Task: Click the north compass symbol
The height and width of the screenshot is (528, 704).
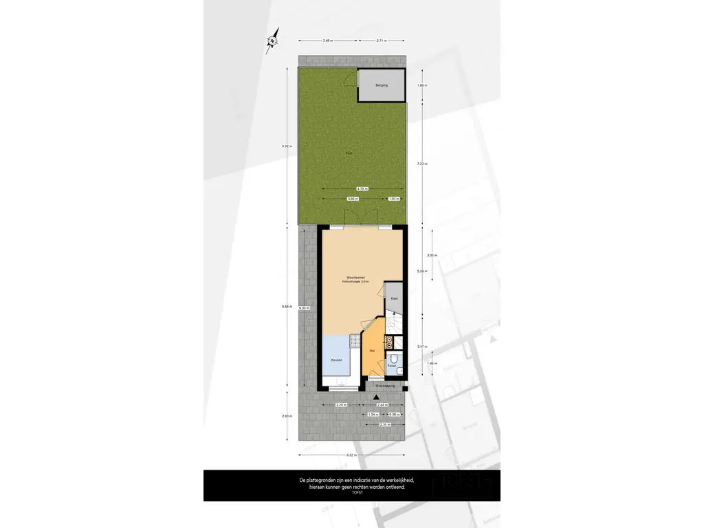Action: [273, 41]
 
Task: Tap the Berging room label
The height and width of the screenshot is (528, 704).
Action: [381, 85]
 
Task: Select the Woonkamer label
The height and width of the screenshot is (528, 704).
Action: [355, 278]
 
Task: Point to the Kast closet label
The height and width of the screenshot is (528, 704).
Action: [394, 298]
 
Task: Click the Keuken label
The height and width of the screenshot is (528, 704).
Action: [336, 360]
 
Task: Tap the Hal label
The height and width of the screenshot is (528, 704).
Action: [372, 351]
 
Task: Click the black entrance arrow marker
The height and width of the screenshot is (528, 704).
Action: [376, 397]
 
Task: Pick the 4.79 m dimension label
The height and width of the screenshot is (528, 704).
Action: [362, 188]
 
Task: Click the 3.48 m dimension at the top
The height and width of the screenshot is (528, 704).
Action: [327, 41]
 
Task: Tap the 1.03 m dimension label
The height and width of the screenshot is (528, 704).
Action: [393, 199]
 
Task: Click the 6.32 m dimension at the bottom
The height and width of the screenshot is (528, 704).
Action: [351, 454]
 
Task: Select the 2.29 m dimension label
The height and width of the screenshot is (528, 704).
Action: [340, 406]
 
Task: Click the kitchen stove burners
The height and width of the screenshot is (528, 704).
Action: [355, 340]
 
